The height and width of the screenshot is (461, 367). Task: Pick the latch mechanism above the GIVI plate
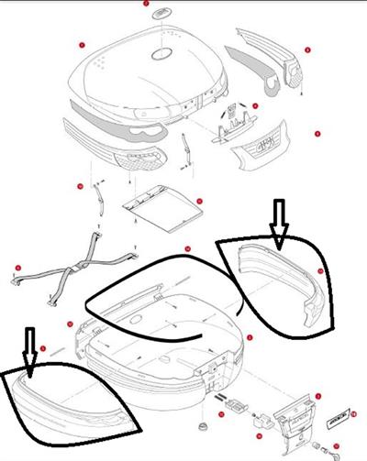(x=232, y=124)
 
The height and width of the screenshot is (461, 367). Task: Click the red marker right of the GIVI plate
(x=316, y=135)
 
